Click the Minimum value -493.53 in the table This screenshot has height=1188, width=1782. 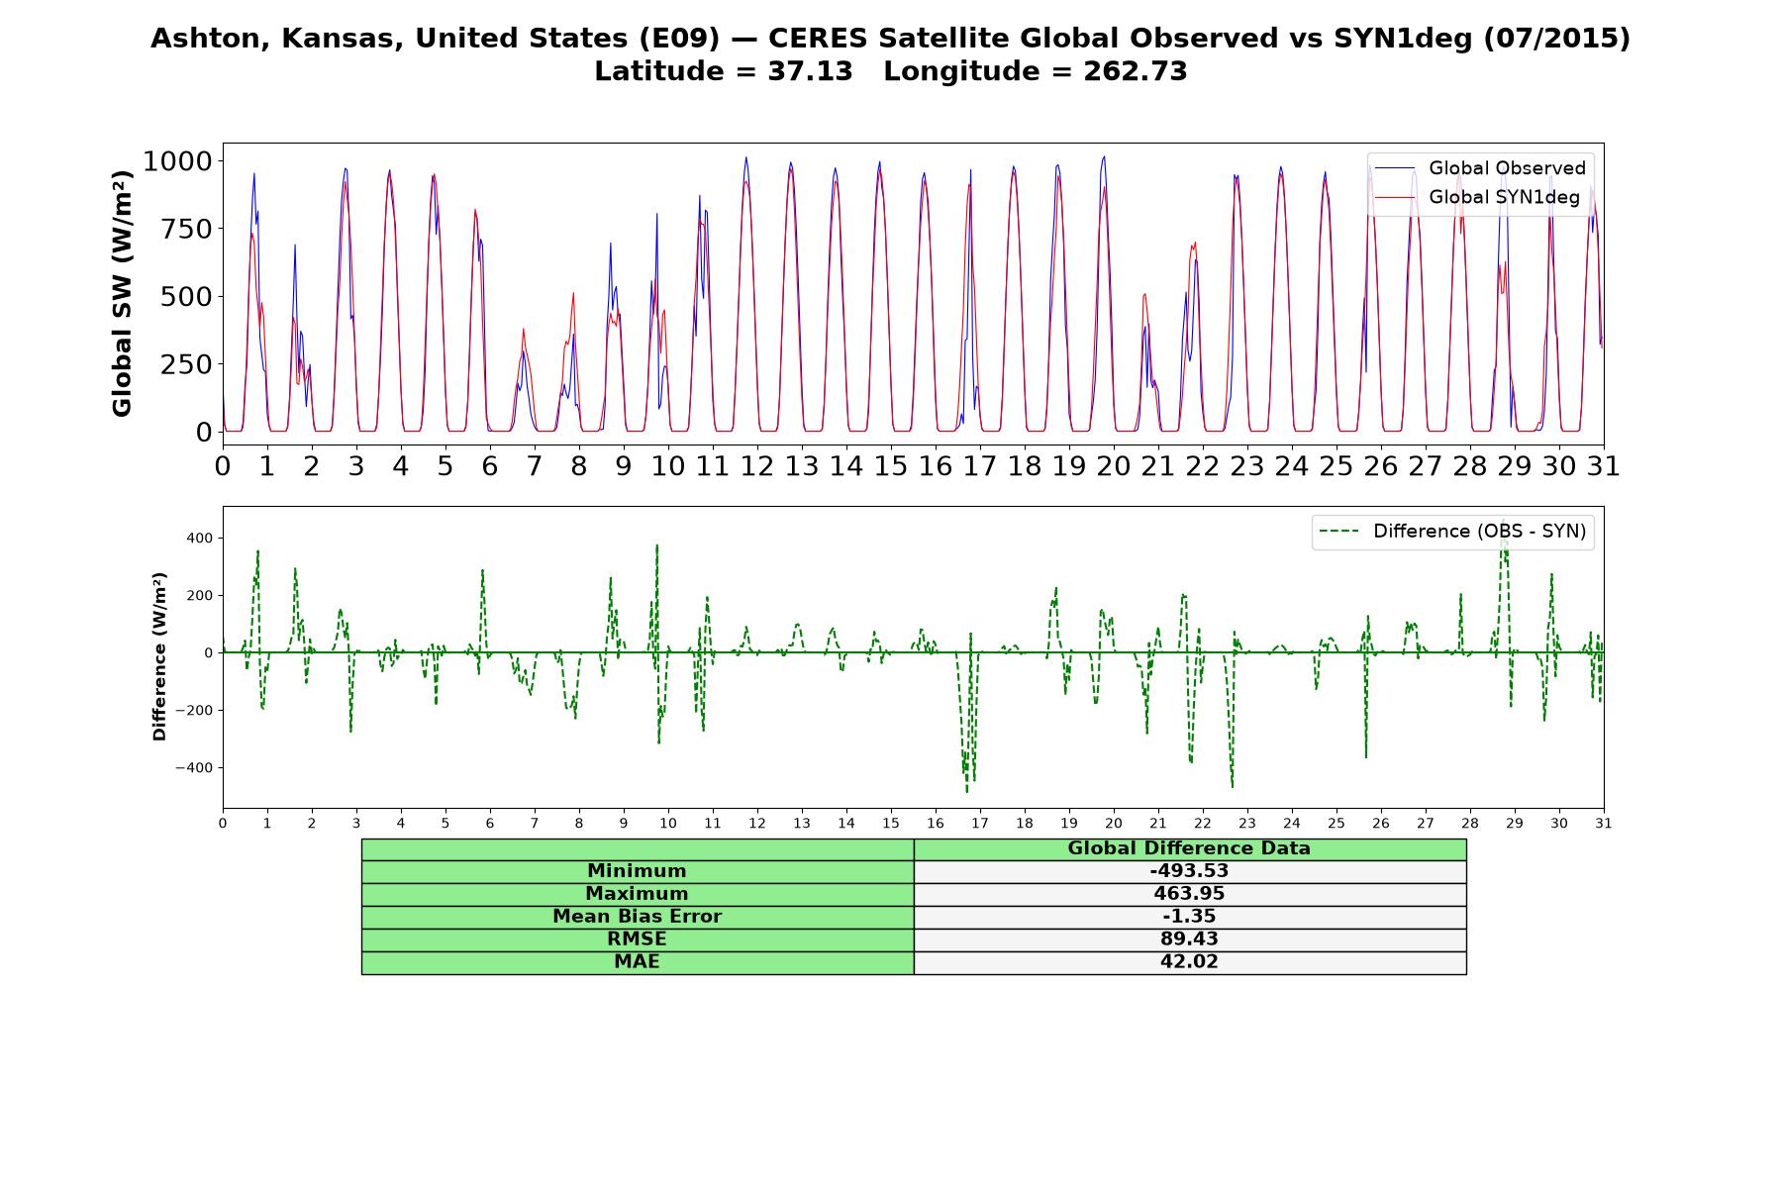(1189, 871)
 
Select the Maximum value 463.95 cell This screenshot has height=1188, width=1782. (1189, 894)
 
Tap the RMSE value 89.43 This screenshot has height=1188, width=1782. (1189, 940)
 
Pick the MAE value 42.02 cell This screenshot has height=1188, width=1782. (1189, 962)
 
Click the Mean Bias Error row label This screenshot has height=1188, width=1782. (637, 917)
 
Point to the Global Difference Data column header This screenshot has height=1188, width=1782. (1189, 848)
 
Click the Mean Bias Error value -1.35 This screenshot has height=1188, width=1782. (1189, 917)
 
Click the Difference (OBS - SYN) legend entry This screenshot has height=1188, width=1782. (1453, 532)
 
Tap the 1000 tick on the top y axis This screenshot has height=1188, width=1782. (177, 161)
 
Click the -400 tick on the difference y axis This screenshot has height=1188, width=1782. (194, 768)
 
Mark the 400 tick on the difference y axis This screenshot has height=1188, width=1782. (199, 539)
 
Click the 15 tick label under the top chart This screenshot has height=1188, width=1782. (890, 466)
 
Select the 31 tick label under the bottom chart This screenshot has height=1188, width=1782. (1603, 823)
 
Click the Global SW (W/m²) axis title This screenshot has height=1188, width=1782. (123, 293)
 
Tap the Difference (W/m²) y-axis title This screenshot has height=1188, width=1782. (160, 656)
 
